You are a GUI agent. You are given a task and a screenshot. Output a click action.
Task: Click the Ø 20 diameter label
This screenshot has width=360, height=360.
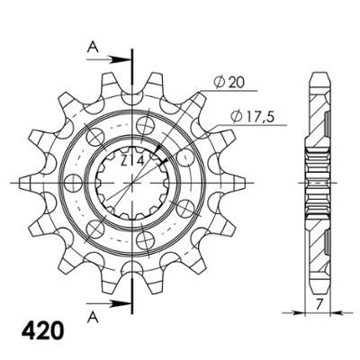point(229,83)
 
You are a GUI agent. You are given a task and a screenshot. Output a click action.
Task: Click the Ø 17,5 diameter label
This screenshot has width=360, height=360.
point(253,116)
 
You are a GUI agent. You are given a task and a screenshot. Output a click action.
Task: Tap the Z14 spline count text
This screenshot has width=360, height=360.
point(132,161)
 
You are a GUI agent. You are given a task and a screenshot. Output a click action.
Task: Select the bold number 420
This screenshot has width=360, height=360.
point(43,330)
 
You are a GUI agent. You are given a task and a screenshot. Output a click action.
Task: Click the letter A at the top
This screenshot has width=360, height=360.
point(93,47)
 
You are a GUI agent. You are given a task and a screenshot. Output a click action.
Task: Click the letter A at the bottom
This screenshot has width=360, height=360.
point(93,318)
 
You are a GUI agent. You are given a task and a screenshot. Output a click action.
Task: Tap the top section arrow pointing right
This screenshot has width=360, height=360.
point(109,59)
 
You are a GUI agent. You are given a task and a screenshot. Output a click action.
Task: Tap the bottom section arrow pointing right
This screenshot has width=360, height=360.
point(109,303)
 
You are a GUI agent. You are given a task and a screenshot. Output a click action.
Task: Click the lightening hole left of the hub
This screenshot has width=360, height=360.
point(74,183)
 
